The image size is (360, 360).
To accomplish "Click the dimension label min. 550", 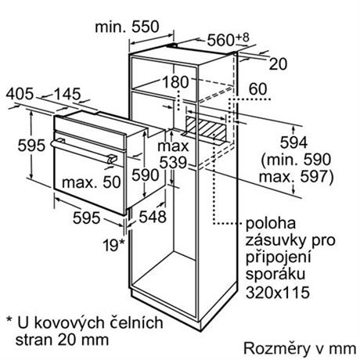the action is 127,27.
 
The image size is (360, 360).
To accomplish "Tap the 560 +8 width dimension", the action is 228,39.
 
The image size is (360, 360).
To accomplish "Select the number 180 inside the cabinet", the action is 175,81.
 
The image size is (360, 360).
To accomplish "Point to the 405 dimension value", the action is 20,94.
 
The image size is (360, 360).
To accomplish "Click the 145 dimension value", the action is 67,94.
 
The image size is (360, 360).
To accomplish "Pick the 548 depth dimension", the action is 153,217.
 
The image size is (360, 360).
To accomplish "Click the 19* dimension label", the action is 113,245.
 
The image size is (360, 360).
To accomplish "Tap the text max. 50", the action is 92,182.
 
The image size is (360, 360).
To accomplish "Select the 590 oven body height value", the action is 146,175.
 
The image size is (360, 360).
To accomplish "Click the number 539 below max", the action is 173,163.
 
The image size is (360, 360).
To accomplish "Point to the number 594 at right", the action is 293,142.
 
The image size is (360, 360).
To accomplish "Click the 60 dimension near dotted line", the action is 257,88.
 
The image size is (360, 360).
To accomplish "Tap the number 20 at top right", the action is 278,64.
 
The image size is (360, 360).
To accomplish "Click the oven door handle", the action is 84,152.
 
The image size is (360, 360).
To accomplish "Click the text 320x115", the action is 278,292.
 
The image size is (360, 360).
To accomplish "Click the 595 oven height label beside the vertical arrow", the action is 31,145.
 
